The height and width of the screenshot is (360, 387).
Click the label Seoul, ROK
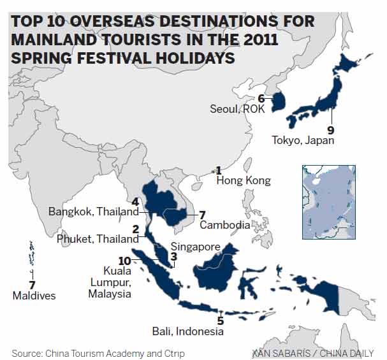pos(237,109)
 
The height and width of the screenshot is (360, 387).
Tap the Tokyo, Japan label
pos(302,140)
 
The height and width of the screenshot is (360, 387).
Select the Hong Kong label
pos(243,181)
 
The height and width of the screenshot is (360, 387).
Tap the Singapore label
pos(195,247)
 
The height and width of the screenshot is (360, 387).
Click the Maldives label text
pos(34,296)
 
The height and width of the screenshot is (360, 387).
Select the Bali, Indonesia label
pos(187,331)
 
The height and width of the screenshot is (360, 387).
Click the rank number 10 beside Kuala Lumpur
pos(124,261)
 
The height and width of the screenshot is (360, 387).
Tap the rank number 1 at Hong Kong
pos(218,170)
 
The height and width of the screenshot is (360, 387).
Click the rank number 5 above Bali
pos(220,320)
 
